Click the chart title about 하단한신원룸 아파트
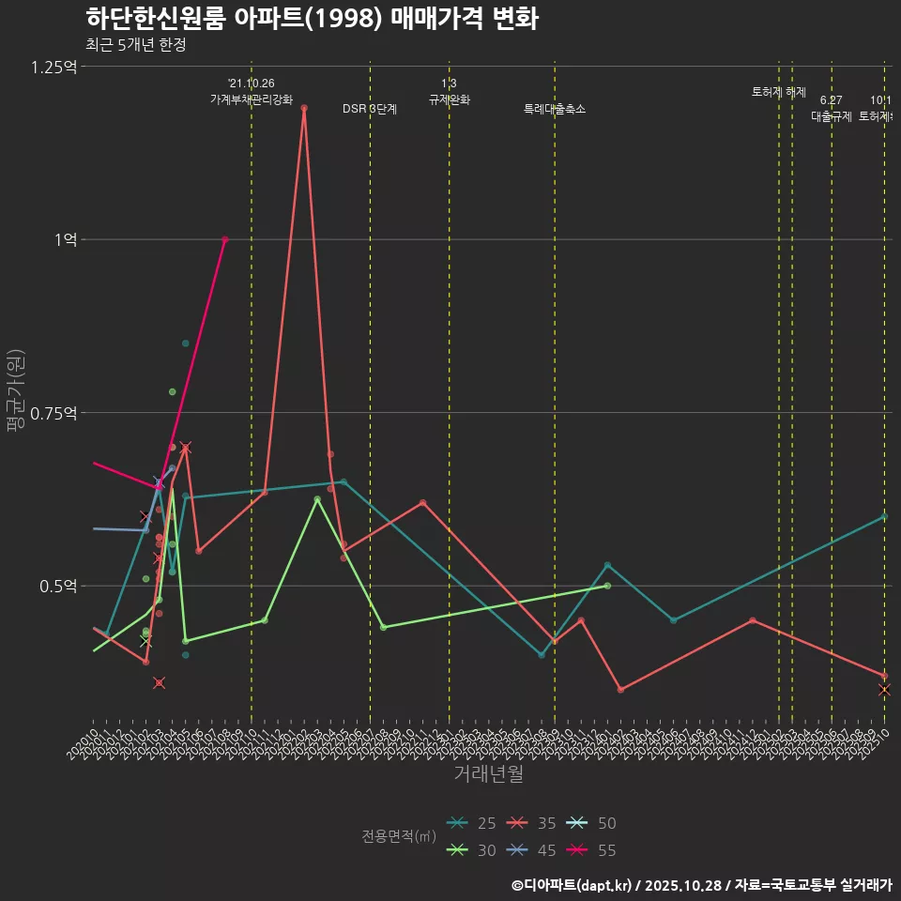(312, 19)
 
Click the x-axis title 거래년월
(488, 774)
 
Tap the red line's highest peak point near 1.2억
(304, 108)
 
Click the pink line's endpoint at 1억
(224, 239)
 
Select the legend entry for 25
(474, 823)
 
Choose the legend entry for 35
(534, 823)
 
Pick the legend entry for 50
(594, 823)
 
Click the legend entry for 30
(474, 850)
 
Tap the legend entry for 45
(534, 850)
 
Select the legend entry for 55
(594, 850)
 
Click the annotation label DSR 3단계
(370, 109)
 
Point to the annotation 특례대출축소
(555, 109)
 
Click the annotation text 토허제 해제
(779, 92)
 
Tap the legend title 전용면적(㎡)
(399, 836)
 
